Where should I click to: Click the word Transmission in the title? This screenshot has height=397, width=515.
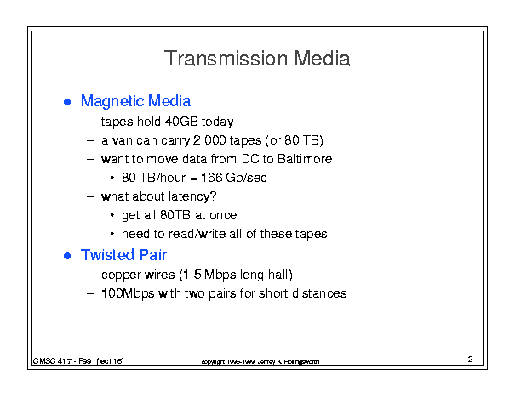click(226, 59)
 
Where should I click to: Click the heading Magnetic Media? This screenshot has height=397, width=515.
click(135, 101)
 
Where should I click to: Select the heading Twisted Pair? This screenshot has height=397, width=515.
click(123, 255)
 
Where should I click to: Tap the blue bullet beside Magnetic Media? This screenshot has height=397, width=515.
click(67, 102)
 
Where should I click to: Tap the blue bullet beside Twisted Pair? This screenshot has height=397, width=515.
click(67, 256)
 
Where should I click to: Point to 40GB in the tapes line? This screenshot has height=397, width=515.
click(181, 122)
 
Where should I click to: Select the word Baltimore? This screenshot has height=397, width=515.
click(305, 159)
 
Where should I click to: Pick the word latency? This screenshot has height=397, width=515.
click(192, 196)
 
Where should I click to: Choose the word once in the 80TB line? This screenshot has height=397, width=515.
click(223, 215)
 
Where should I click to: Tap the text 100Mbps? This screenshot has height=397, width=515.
click(128, 293)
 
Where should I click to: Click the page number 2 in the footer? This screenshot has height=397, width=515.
click(471, 359)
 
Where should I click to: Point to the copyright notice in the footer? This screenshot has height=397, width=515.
click(260, 361)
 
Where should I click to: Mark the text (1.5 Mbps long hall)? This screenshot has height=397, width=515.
click(236, 275)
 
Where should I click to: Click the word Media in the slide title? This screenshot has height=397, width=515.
click(322, 59)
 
